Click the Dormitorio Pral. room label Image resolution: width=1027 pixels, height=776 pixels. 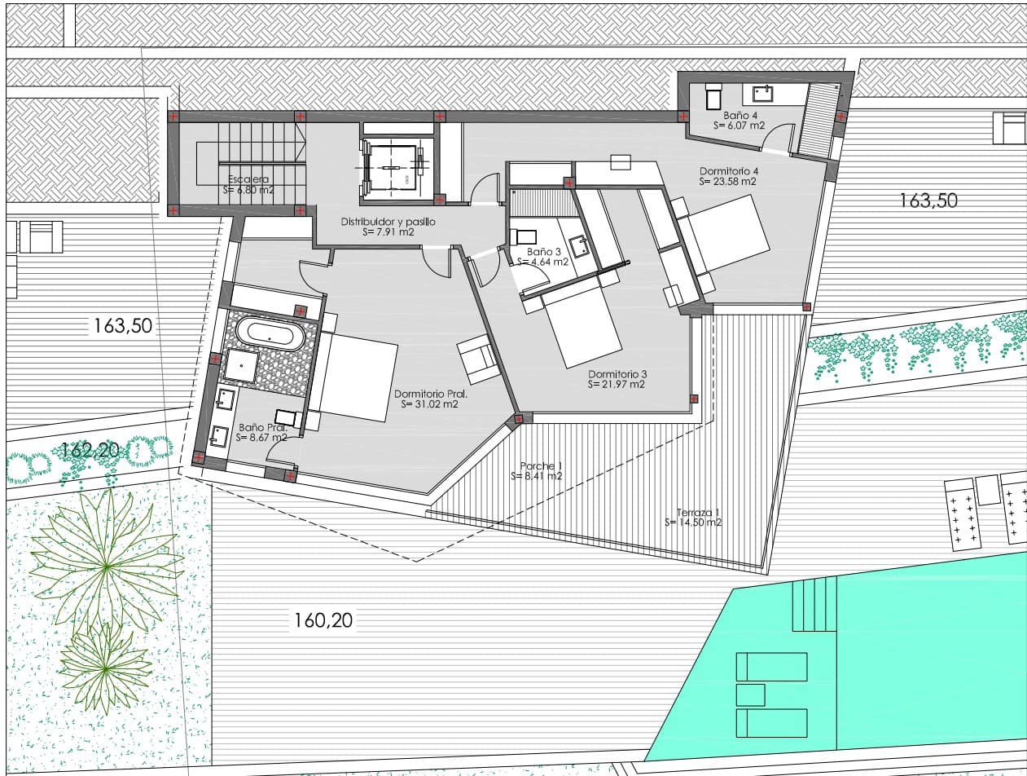pos(425,394)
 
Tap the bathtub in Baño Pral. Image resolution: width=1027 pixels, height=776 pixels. pos(270,333)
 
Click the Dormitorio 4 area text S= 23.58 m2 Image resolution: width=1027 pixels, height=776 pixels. pos(727,182)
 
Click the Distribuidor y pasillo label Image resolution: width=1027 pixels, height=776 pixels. pos(388,222)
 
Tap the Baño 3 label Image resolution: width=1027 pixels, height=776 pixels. pos(543,252)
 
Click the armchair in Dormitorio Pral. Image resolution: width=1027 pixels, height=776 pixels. pos(478,359)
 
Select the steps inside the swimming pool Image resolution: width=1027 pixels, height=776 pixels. pos(814,604)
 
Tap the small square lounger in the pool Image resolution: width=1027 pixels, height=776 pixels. pos(750,694)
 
